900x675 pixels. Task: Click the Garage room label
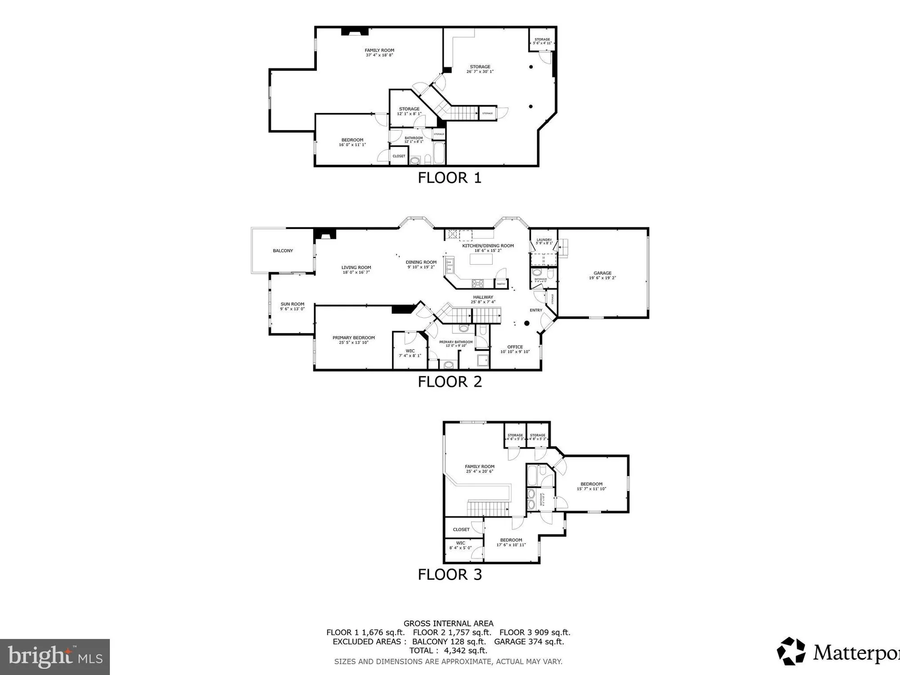pos(602,275)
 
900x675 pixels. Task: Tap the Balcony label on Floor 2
pos(283,251)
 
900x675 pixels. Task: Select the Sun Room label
pos(292,306)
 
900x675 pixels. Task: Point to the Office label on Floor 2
pos(515,349)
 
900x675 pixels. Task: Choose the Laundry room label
pos(544,241)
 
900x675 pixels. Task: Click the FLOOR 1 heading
pos(450,178)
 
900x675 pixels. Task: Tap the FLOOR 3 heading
pos(450,575)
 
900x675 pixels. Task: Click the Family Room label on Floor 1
pos(379,53)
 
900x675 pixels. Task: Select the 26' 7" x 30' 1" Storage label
pos(480,69)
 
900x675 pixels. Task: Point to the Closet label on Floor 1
pos(399,156)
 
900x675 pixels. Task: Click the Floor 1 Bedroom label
pos(352,142)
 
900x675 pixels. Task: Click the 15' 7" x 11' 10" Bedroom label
pos(591,486)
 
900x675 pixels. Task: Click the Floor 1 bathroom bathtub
pos(439,153)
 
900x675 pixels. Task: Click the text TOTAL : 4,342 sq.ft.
pos(448,651)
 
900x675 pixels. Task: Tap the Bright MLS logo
pos(54,657)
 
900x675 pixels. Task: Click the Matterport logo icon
pos(791,651)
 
